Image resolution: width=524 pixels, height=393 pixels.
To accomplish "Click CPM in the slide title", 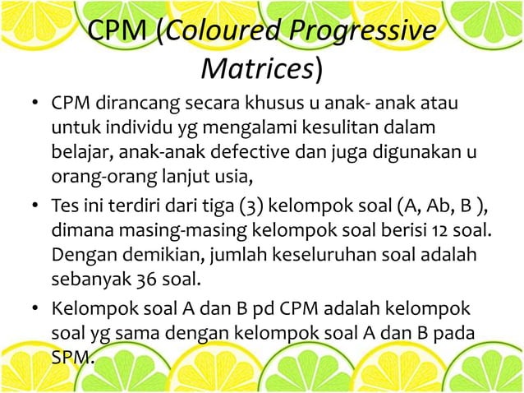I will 117,34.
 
